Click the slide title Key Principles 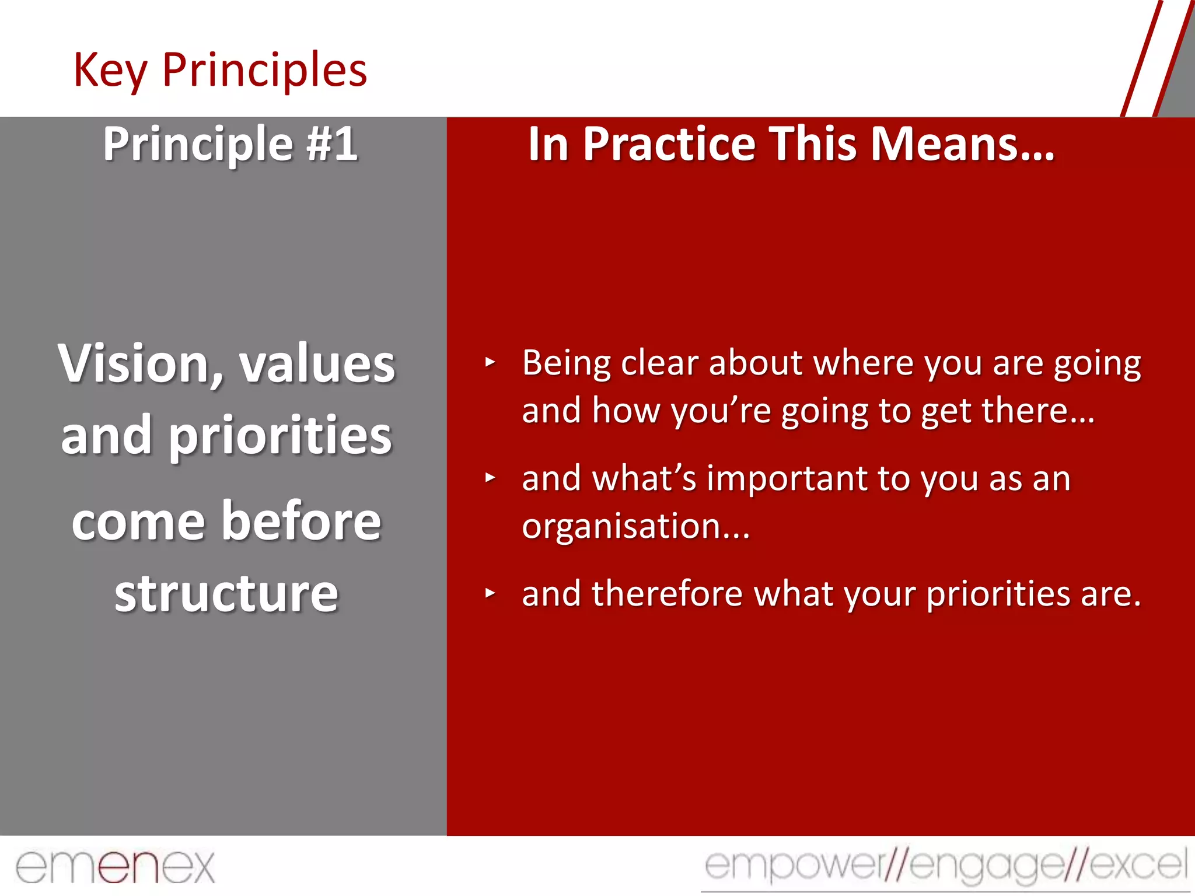point(220,70)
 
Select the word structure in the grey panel point(226,593)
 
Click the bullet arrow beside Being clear point(490,363)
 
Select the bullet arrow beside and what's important point(490,478)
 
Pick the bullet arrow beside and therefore point(490,594)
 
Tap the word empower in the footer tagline point(794,865)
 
